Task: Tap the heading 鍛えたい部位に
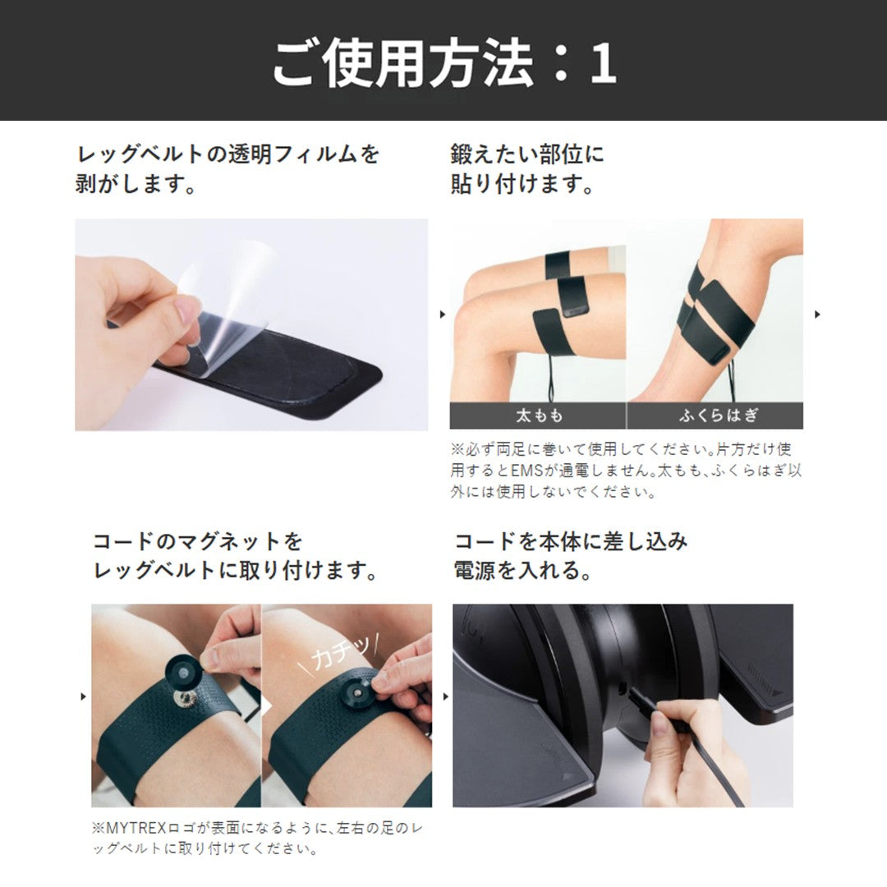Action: pos(526,154)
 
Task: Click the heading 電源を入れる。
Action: pos(523,571)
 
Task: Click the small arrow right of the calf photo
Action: pos(817,314)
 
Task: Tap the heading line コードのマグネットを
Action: pos(198,541)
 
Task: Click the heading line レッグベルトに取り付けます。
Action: pos(235,571)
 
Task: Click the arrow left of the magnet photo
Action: pos(83,696)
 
